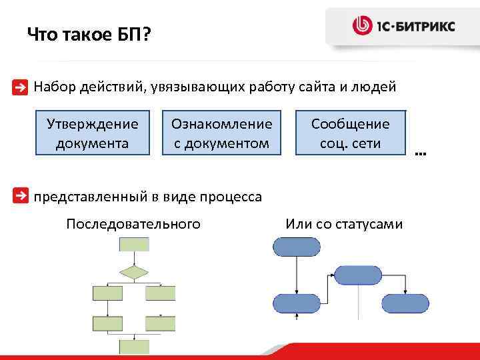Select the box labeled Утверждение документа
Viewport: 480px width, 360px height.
point(93,133)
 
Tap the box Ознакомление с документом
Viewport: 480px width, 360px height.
point(222,133)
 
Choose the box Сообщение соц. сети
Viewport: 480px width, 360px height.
point(350,133)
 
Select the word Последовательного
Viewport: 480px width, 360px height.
point(133,224)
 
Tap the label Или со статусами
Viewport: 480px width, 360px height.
point(344,224)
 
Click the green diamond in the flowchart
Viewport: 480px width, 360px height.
point(133,272)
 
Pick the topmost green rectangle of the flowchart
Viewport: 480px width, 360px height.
point(133,243)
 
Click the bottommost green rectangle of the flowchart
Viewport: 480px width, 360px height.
point(133,346)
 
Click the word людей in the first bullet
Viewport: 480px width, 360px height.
point(377,87)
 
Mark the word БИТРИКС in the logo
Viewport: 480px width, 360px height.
point(427,27)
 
